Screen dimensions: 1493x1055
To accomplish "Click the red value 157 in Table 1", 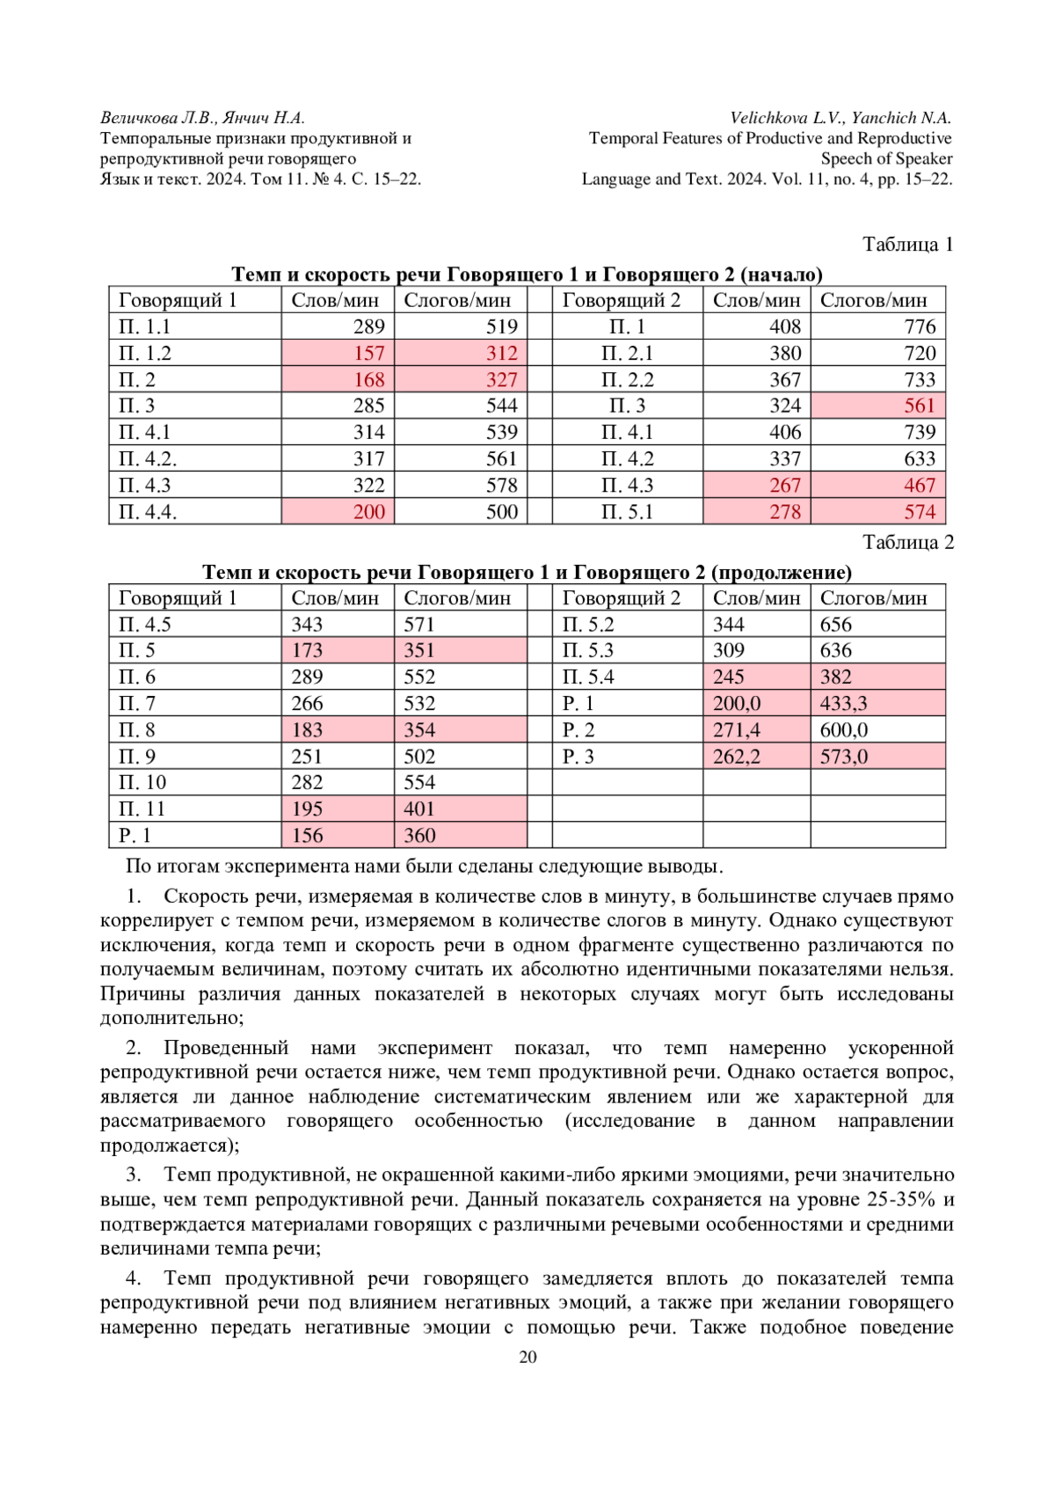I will click(x=369, y=354).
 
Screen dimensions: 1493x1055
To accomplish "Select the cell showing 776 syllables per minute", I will click(x=920, y=327).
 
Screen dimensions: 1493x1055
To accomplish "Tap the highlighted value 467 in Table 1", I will click(x=920, y=486).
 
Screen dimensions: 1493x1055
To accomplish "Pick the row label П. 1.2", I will click(x=145, y=354).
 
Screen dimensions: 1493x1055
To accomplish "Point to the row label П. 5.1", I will click(x=627, y=512).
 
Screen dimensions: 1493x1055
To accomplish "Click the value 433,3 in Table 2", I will click(x=843, y=704).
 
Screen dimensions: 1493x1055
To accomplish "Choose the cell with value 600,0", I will click(x=843, y=730).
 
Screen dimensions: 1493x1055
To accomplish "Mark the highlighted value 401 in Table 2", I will click(x=419, y=809).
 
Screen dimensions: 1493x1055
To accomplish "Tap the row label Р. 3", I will click(x=578, y=757).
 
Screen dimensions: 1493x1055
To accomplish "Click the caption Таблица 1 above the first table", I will click(x=907, y=245).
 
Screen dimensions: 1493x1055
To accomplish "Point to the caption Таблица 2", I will click(x=907, y=542).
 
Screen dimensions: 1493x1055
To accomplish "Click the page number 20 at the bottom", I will click(x=527, y=1357).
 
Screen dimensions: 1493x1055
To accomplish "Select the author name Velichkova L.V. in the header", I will click(x=787, y=118).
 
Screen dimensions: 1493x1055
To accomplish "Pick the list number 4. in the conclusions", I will click(x=134, y=1278).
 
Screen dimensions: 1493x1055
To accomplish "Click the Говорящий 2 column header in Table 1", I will click(x=621, y=301).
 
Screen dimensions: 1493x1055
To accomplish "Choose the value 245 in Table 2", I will click(x=729, y=677).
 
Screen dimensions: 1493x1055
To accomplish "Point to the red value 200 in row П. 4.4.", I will click(x=369, y=512).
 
